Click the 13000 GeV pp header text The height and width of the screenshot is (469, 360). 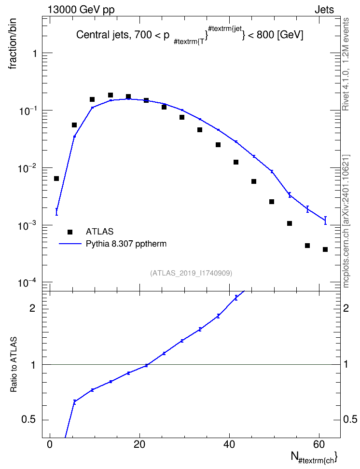click(81, 10)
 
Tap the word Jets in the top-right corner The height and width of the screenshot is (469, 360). click(324, 10)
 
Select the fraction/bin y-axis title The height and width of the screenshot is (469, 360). click(12, 44)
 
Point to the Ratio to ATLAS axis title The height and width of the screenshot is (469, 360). click(14, 364)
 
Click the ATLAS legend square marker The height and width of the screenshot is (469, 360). click(70, 232)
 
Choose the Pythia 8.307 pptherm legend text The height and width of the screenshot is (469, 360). click(126, 244)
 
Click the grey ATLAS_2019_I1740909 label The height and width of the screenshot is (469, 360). click(191, 273)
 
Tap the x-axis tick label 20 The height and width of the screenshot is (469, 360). click(139, 444)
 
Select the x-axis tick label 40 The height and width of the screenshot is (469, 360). click(229, 444)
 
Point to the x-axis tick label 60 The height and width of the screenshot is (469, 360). click(319, 444)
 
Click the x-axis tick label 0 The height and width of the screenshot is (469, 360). click(50, 444)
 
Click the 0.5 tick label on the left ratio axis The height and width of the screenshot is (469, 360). click(28, 420)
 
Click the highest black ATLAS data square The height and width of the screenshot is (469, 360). click(111, 95)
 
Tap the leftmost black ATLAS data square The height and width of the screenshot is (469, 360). click(56, 179)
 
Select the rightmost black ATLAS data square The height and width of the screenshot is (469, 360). click(325, 249)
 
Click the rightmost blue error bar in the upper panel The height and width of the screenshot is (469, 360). click(325, 221)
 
